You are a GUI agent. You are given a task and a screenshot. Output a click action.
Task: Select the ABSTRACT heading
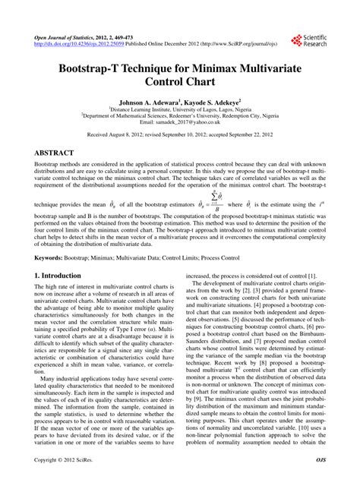(x=60, y=152)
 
